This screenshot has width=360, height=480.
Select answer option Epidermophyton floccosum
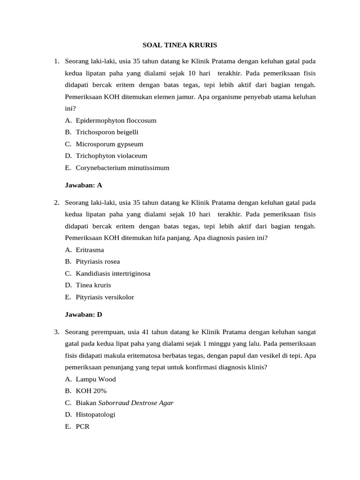pos(116,120)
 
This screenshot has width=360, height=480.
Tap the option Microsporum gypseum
pos(109,144)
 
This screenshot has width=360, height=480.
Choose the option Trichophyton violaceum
pos(111,156)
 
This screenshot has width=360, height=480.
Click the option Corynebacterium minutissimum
pos(122,167)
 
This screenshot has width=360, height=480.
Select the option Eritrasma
pos(90,250)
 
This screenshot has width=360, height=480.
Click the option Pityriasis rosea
pos(97,262)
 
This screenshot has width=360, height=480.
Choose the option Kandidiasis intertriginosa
pos(113,273)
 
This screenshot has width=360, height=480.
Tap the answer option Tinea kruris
pos(93,285)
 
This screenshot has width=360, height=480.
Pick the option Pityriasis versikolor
pos(105,297)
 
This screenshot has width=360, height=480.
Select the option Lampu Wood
pos(96,379)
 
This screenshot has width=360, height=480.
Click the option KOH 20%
pos(91,391)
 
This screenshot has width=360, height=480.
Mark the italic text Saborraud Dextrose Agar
pos(136,403)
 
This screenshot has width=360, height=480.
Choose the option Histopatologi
pos(95,414)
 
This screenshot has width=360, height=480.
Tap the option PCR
pos(82,427)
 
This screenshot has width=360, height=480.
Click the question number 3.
pos(56,332)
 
